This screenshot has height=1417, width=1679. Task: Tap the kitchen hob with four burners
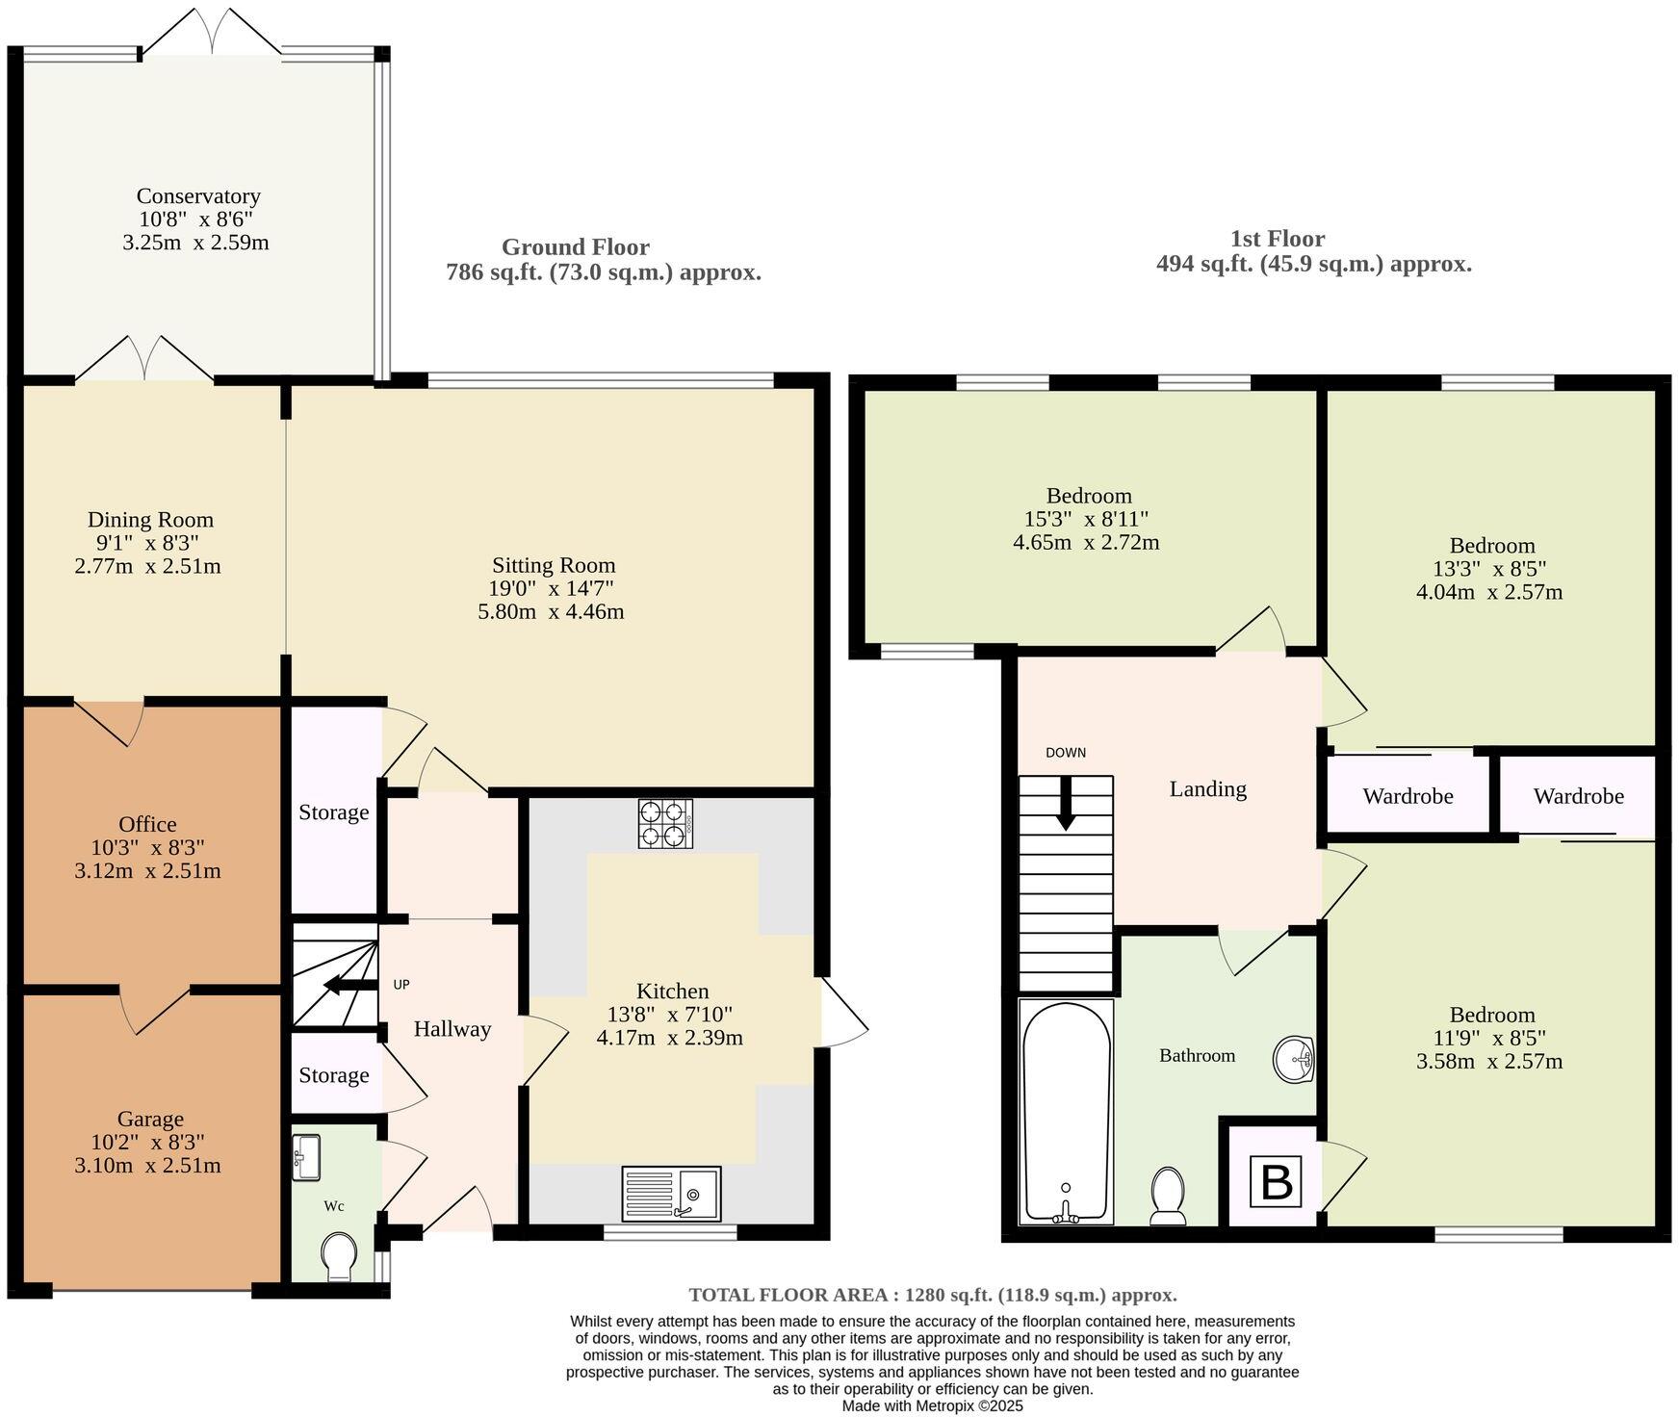[665, 823]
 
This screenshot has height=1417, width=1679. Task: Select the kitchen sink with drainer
[670, 1193]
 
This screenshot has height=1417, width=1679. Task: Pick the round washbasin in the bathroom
[1294, 1061]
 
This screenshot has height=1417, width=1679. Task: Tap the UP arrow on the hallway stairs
[343, 985]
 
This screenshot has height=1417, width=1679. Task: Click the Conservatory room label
[198, 196]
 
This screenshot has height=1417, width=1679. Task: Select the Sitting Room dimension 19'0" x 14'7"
[551, 588]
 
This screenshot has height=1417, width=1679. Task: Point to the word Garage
[150, 1119]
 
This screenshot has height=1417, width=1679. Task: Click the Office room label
[147, 824]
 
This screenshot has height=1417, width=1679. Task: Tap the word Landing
[1207, 789]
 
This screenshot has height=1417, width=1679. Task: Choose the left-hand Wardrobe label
[1408, 796]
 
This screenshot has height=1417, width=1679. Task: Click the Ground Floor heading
[575, 247]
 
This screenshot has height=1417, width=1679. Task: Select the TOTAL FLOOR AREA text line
[932, 1295]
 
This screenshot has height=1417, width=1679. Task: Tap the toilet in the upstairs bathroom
[1168, 1197]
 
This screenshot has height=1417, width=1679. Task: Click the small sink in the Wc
[306, 1156]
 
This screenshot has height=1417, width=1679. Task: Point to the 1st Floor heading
[1277, 239]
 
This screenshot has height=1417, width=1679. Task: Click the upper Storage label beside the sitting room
[333, 812]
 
